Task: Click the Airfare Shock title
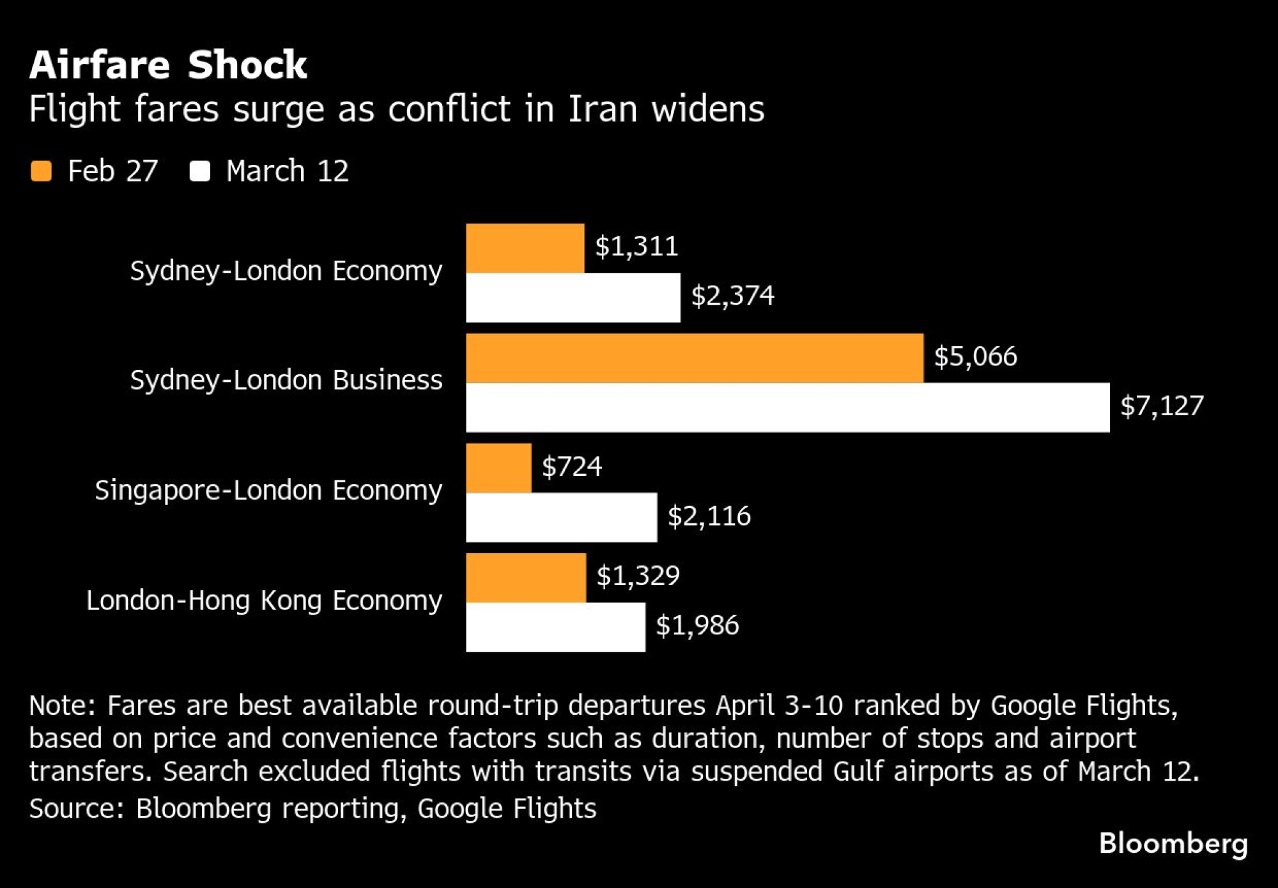tap(168, 65)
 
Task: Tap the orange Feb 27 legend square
tap(42, 171)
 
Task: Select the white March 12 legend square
tap(200, 171)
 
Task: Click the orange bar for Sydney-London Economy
tap(525, 249)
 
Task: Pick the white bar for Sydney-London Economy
tap(573, 298)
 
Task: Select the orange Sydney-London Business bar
tap(695, 358)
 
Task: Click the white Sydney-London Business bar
tap(788, 408)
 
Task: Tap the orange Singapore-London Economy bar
tap(498, 468)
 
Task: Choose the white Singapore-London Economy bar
tap(561, 517)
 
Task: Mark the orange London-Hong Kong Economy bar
tap(526, 578)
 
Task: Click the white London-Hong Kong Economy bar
tap(555, 627)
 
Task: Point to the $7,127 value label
tap(1162, 406)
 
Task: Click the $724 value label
tap(572, 467)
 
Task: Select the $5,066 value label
tap(975, 356)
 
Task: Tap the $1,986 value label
tap(697, 625)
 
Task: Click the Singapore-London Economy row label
tap(268, 491)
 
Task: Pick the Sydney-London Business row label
tap(286, 380)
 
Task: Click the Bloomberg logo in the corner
tap(1173, 844)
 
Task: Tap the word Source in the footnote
tap(76, 809)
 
